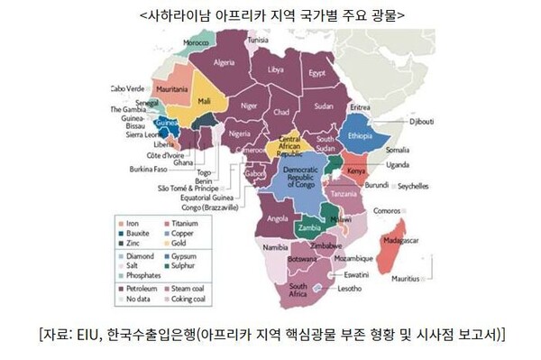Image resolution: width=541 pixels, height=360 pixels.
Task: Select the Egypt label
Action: click(x=316, y=72)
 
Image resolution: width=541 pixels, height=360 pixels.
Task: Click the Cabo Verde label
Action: click(x=127, y=88)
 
